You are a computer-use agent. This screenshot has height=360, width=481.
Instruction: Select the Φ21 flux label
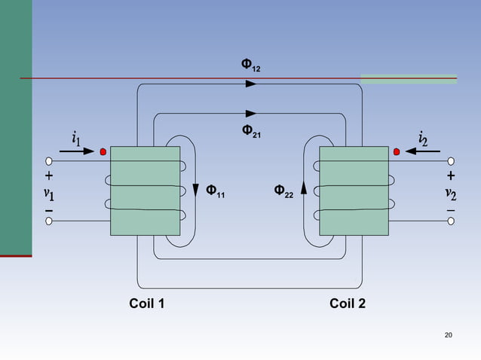click(x=251, y=131)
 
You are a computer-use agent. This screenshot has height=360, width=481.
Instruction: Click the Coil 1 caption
click(x=147, y=304)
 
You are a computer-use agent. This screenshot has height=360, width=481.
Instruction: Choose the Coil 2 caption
click(x=348, y=304)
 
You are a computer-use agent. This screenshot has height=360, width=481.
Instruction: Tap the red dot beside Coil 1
click(x=103, y=151)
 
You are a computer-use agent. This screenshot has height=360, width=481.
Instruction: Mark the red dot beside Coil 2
click(x=396, y=151)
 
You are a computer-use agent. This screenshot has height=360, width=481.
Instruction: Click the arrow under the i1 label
click(x=77, y=151)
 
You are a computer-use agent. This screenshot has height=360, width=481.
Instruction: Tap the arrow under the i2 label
click(x=422, y=151)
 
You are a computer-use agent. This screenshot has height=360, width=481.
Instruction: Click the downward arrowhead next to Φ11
click(x=196, y=188)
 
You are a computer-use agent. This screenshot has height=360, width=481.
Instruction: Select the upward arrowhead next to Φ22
click(x=304, y=187)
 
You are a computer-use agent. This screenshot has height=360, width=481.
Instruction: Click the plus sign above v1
click(x=49, y=176)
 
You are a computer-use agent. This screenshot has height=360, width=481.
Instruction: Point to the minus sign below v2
click(x=450, y=209)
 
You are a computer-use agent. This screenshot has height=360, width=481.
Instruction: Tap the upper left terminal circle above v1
click(x=49, y=161)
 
